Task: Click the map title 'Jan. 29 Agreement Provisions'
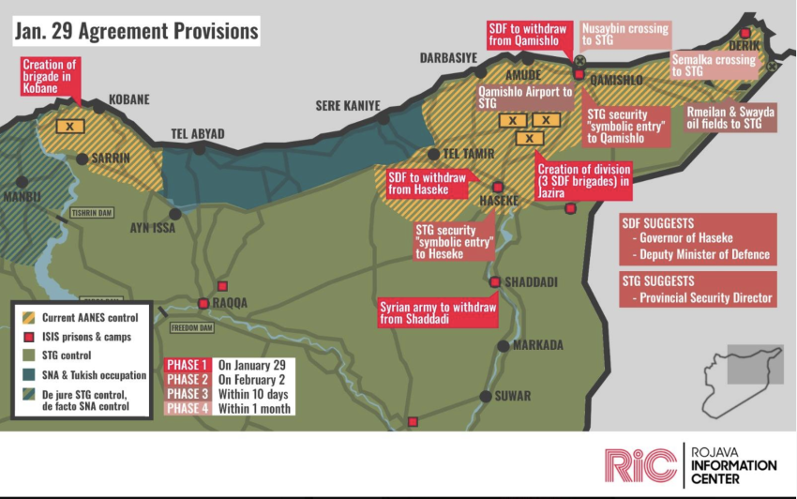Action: [x=136, y=31]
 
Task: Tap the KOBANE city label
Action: [x=128, y=99]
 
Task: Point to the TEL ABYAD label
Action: [x=196, y=134]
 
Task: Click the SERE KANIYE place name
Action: [x=348, y=106]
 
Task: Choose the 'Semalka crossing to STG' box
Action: [x=714, y=65]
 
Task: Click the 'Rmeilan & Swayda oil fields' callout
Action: [x=731, y=116]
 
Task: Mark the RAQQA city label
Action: [x=230, y=303]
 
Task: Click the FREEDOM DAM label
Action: [x=191, y=327]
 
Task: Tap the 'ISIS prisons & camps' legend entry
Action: [x=87, y=336]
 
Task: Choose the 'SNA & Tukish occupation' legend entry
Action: [x=94, y=374]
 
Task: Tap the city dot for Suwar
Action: [x=486, y=396]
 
